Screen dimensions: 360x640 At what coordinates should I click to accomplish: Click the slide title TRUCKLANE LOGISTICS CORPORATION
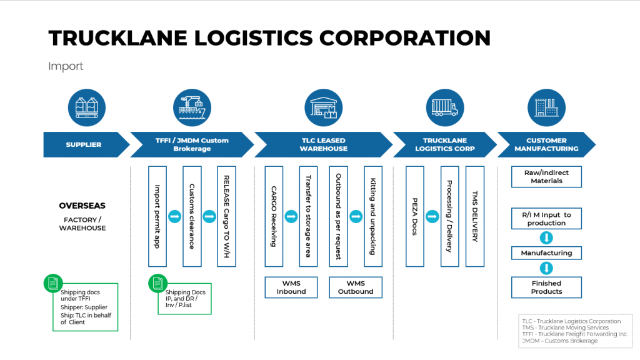pyautogui.click(x=269, y=37)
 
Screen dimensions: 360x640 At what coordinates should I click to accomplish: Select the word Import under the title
pyautogui.click(x=66, y=66)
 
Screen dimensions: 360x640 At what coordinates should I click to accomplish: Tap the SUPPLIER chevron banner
pyautogui.click(x=84, y=145)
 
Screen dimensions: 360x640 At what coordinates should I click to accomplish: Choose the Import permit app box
pyautogui.click(x=157, y=216)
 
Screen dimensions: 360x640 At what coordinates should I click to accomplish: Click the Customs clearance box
pyautogui.click(x=192, y=216)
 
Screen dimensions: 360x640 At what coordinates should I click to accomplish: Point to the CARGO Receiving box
pyautogui.click(x=274, y=216)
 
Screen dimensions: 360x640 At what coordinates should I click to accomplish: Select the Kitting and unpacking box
pyautogui.click(x=373, y=216)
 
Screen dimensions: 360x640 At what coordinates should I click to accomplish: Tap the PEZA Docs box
pyautogui.click(x=414, y=216)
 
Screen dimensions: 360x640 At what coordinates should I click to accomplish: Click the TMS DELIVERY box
pyautogui.click(x=475, y=216)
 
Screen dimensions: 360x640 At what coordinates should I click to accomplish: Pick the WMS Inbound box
pyautogui.click(x=291, y=287)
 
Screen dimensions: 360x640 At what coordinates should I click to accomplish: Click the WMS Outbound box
pyautogui.click(x=356, y=287)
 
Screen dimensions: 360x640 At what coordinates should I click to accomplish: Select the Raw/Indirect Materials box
pyautogui.click(x=546, y=177)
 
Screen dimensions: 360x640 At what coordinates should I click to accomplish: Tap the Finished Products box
pyautogui.click(x=546, y=287)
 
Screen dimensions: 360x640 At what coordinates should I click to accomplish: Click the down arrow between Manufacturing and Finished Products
pyautogui.click(x=546, y=268)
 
